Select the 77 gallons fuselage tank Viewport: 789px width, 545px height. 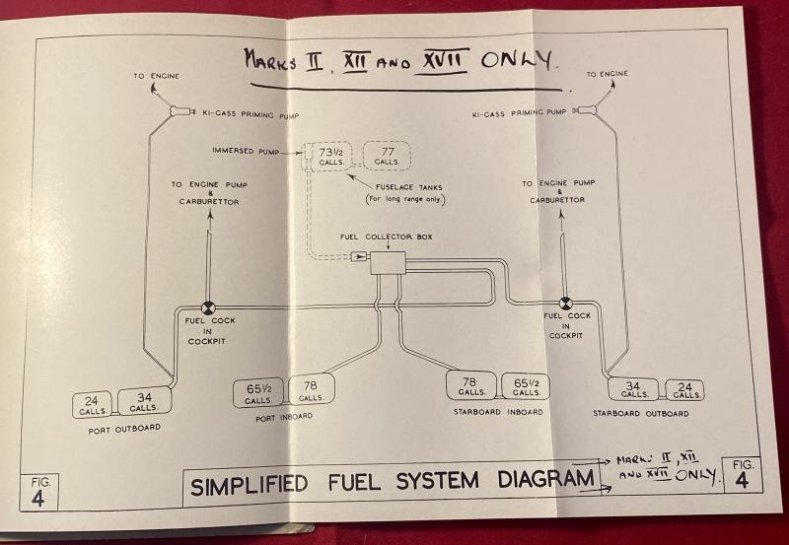[388, 156]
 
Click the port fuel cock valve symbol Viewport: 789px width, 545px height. [209, 307]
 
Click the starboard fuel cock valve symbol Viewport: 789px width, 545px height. [566, 305]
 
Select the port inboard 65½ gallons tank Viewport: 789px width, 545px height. [258, 393]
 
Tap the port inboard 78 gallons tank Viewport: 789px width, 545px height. [311, 391]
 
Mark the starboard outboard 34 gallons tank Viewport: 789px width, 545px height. [634, 388]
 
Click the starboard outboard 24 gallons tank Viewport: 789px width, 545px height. [683, 389]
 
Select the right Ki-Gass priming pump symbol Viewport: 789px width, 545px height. [589, 110]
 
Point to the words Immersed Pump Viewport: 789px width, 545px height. [243, 151]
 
